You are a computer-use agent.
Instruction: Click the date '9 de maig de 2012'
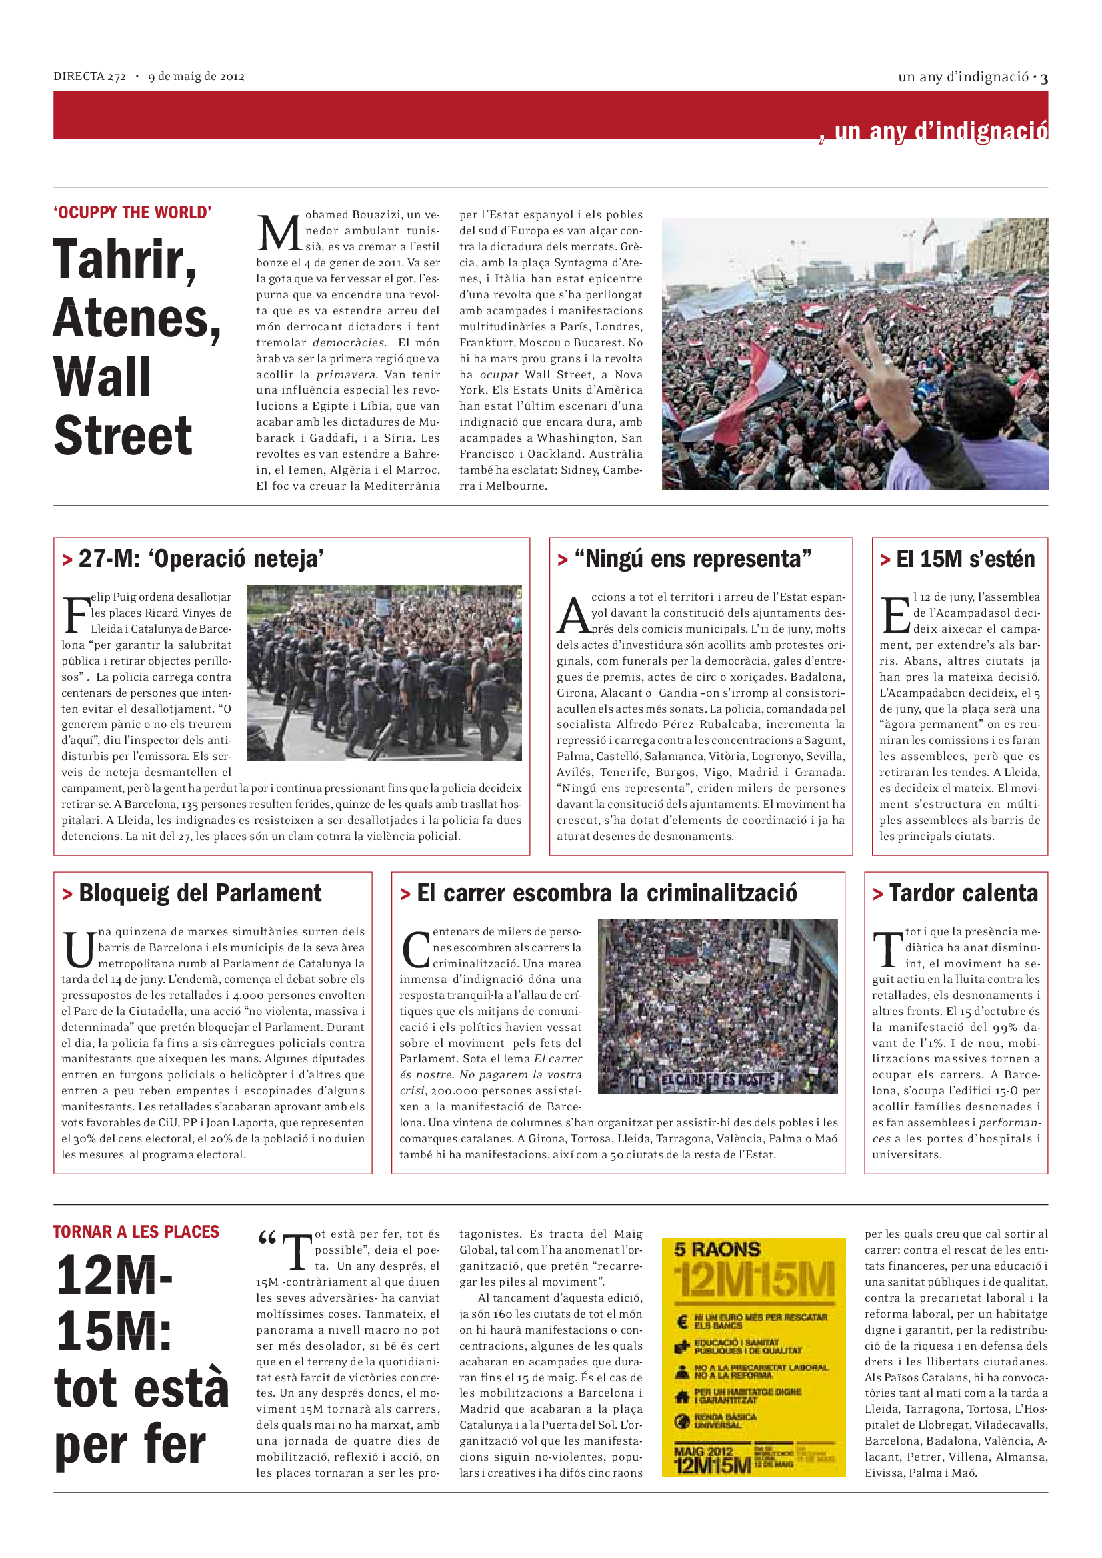pos(196,77)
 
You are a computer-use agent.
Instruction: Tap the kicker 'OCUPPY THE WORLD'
pos(133,212)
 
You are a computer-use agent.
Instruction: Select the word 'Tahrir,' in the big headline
pos(124,260)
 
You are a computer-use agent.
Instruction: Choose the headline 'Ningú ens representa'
pos(693,558)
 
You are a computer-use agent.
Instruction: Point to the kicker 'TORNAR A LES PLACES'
pos(137,1232)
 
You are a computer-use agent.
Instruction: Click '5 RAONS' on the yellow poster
pos(717,1249)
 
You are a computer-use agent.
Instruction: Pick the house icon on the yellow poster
pos(683,1397)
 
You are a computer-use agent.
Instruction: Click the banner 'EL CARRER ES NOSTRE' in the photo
pos(719,1080)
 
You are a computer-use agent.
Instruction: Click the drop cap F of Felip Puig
pos(76,614)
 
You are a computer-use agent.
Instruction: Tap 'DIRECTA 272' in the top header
pos(89,77)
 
